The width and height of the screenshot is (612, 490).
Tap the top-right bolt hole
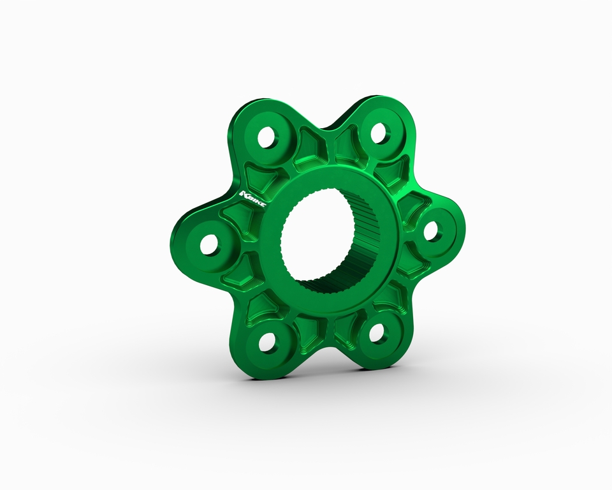(378, 133)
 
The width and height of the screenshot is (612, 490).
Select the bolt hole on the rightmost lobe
(432, 231)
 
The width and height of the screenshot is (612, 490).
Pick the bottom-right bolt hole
(378, 332)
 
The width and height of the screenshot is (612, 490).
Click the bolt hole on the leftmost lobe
(208, 244)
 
